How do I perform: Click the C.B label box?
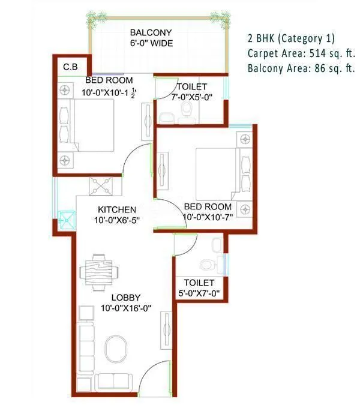tap(70, 67)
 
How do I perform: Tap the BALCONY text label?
tap(152, 32)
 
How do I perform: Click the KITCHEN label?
tap(118, 209)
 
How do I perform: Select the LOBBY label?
tap(125, 298)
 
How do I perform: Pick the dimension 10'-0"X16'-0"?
tap(125, 308)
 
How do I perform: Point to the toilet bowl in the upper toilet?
tap(185, 110)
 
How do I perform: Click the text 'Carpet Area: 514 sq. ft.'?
tap(301, 53)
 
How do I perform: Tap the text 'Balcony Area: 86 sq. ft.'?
tap(301, 68)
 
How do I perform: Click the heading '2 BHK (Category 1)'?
tap(291, 38)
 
